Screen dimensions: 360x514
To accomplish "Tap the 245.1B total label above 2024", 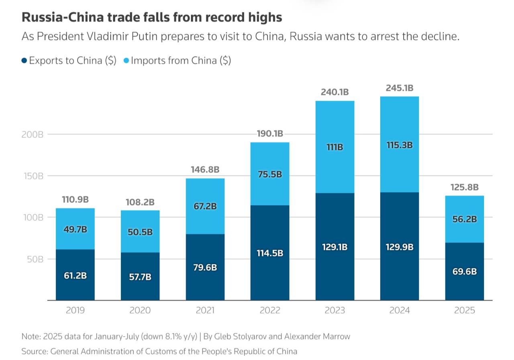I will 399,88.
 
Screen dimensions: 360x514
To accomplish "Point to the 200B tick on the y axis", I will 32,134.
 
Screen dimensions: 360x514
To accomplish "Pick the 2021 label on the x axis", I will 205,310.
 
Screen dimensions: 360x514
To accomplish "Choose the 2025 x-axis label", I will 465,310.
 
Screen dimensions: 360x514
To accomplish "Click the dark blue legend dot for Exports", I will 24,61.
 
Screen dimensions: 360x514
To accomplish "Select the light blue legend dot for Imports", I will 126,61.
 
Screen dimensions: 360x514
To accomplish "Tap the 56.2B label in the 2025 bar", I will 465,219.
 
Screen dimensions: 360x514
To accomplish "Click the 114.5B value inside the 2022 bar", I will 270,253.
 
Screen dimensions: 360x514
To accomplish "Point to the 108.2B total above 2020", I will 140,202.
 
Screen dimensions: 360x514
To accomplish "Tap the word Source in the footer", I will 34,352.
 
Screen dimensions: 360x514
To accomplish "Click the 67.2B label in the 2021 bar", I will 205,206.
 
